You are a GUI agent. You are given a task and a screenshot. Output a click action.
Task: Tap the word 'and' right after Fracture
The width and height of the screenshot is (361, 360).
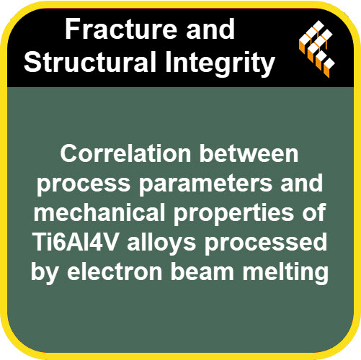[x=210, y=29]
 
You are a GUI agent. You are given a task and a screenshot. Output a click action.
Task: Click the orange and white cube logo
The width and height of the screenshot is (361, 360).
[x=317, y=49]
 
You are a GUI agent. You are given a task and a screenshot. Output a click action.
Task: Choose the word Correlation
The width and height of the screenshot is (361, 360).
[x=125, y=153]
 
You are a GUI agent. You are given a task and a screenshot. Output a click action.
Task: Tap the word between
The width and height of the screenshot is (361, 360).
[x=249, y=153]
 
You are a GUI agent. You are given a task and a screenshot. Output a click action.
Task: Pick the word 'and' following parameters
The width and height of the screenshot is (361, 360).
[x=302, y=183]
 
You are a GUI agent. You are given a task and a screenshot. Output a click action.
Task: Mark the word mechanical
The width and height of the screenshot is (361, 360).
[x=99, y=212]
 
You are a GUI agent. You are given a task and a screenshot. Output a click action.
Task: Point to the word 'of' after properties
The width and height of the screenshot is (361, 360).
[x=314, y=212]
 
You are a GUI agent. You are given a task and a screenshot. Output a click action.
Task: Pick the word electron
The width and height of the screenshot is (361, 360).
[x=115, y=271]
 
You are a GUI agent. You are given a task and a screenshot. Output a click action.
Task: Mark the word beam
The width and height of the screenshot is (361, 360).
[x=202, y=271]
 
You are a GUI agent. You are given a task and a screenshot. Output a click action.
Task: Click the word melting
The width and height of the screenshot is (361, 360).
[x=285, y=274]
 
